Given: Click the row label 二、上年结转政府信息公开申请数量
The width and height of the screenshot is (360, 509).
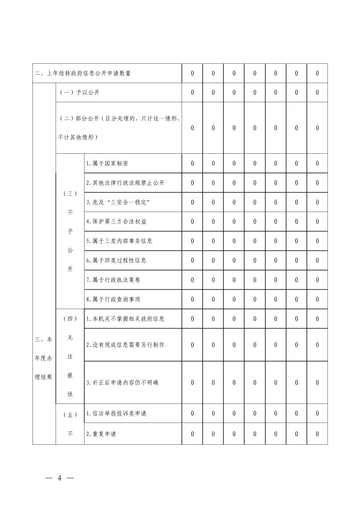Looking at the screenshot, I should coord(83,73).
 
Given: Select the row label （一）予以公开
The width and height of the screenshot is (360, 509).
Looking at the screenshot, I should coord(79,92).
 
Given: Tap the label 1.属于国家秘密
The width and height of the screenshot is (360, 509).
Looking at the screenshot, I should coord(107,163).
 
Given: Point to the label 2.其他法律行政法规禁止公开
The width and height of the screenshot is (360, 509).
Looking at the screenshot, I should coord(125,183).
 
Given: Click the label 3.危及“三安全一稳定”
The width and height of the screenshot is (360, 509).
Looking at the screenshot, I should coord(118,202).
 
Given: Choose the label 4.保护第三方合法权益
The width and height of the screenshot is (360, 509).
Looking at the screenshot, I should coord(116,221).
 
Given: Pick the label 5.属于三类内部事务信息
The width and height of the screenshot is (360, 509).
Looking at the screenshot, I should coord(119,241).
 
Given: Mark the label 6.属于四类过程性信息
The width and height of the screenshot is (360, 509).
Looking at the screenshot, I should coord(116,260).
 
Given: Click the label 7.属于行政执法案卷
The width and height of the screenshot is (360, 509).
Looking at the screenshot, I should coord(113,280).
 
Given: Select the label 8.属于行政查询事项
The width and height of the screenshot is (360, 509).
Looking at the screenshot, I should coord(113,299).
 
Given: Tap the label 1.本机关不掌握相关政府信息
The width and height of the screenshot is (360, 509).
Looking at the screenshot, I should coord(125,318).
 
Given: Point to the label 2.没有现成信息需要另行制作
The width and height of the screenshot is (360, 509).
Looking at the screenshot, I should coord(125,345).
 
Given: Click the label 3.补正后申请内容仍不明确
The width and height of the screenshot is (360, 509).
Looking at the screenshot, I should coord(122,382).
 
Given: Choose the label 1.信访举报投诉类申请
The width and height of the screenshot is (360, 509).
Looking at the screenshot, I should coord(116,413).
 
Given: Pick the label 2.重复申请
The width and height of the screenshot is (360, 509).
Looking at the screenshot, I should coord(101,434).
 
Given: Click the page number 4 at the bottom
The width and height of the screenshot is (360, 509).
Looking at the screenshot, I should coord(60,478).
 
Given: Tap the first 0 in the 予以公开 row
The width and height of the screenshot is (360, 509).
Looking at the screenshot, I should coord(192,92).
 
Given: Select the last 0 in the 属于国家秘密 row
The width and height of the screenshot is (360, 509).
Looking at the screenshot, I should coord(317,163).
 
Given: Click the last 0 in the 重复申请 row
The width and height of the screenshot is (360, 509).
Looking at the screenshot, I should coord(317,434).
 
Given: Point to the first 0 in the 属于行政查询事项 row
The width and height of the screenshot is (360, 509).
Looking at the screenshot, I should coord(192,299).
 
